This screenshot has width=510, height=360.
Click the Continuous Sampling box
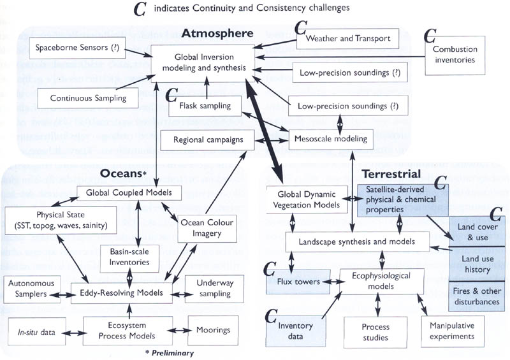click(88, 98)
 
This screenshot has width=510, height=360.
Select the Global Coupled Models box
click(128, 192)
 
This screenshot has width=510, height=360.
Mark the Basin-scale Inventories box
click(130, 256)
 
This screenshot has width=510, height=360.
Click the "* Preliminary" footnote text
click(168, 352)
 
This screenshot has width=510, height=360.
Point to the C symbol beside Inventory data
click(272, 315)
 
